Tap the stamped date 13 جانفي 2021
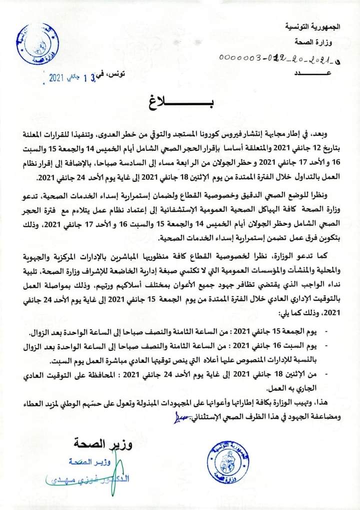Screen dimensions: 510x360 tap(77, 77)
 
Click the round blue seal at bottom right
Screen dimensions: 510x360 tap(228, 460)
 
